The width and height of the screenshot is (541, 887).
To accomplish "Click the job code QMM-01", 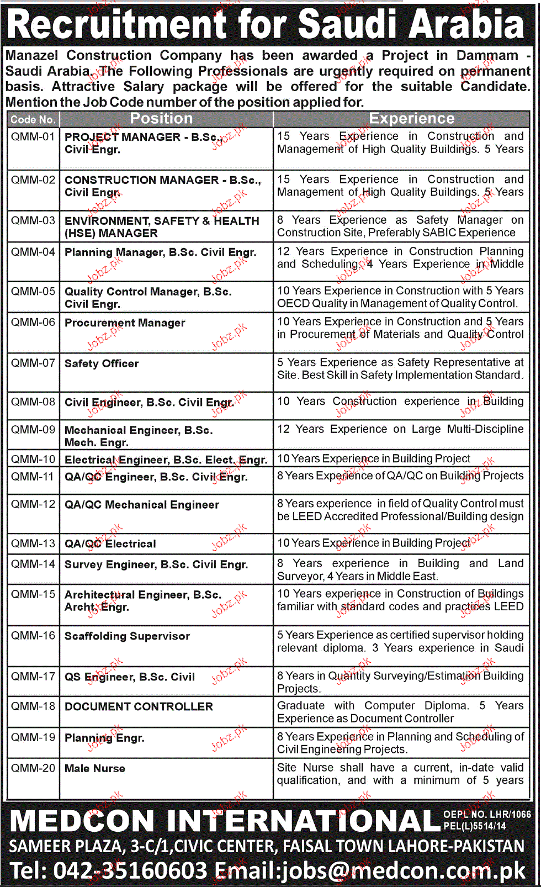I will pos(33,136).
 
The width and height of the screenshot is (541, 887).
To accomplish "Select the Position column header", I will pos(161,119).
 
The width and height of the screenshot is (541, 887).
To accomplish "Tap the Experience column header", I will pos(412,119).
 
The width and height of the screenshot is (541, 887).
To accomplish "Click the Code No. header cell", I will pos(33,119).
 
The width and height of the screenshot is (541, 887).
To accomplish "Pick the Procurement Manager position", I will pos(125,323).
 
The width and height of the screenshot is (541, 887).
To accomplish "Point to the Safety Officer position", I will pos(102,363).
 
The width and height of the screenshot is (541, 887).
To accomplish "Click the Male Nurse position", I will pos(95,768).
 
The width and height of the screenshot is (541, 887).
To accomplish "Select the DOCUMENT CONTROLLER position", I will pos(139,706).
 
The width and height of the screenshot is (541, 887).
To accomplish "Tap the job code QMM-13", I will pos(33,543).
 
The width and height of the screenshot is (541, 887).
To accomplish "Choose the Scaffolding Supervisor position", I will pos(127,636).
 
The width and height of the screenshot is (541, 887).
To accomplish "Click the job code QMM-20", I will pos(33,768).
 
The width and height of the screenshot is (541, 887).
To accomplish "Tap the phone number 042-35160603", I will pos(130,870).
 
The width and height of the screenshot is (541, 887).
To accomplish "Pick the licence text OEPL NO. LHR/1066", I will pos(487,815).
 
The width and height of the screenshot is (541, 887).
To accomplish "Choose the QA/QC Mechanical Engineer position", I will pos(142,505).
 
